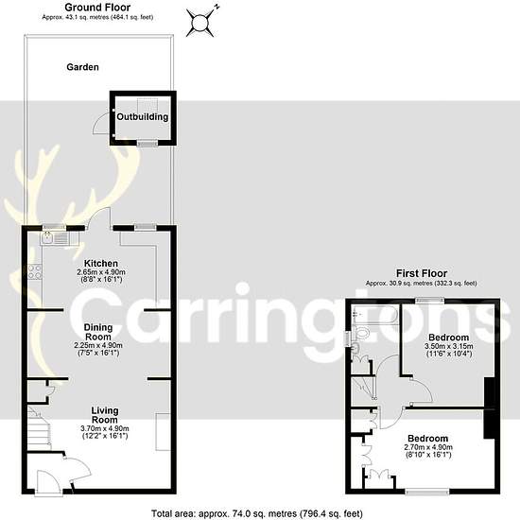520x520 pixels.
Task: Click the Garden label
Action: click(82, 67)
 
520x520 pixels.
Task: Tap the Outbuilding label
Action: click(142, 116)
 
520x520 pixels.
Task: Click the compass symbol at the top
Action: click(200, 23)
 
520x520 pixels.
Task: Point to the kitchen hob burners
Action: click(35, 271)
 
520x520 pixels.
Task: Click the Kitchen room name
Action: click(101, 264)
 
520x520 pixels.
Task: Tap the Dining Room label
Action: click(98, 332)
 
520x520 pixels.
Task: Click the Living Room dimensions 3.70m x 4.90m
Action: click(105, 428)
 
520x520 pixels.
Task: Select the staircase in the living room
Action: click(39, 427)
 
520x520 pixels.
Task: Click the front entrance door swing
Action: click(47, 481)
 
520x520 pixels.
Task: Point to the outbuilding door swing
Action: click(102, 122)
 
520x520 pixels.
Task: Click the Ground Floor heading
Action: click(97, 7)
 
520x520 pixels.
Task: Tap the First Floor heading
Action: click(422, 273)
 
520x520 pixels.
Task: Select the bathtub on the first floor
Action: click(375, 315)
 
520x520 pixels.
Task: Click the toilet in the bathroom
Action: click(360, 332)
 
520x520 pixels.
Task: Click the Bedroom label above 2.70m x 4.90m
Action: click(427, 439)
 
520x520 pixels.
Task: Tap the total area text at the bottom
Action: click(257, 513)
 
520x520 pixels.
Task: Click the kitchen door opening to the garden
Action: click(98, 218)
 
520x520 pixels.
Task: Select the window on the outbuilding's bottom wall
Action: click(147, 143)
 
